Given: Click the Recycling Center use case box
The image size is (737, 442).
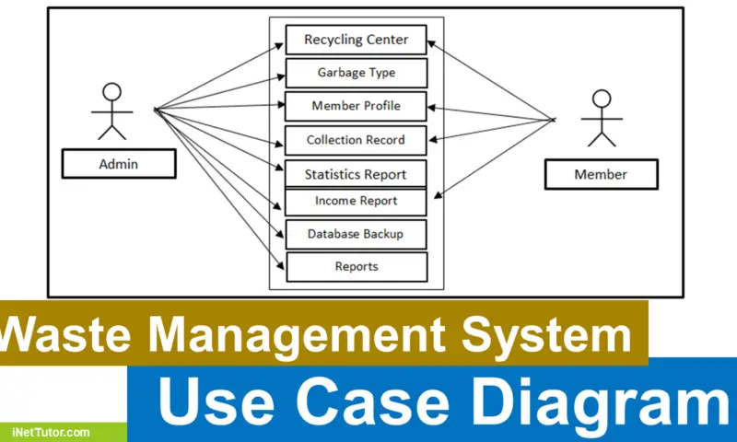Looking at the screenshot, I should pos(356,40).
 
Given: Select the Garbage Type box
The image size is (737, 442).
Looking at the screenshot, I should pos(356,73).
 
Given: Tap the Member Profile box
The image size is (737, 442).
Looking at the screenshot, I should pos(356,106).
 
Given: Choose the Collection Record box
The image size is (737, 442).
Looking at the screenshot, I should pos(356,140).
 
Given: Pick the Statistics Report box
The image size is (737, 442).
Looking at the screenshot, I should pos(356,173).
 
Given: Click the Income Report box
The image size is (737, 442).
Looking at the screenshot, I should pos(356,201).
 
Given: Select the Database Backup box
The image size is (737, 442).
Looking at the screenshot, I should pos(356,234).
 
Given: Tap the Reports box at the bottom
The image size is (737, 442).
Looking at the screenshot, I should pos(356,267).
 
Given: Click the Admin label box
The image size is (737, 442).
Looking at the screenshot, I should pos(118,165).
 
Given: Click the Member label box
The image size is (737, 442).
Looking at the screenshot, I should pos(601,174).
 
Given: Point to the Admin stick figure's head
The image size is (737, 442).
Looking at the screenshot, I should pos(111,91).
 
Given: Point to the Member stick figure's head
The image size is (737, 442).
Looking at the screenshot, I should pos(602,99).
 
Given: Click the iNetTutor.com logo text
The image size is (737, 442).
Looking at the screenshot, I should pos(51,431).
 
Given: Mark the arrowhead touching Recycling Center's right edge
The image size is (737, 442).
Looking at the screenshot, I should pos(430,42).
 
